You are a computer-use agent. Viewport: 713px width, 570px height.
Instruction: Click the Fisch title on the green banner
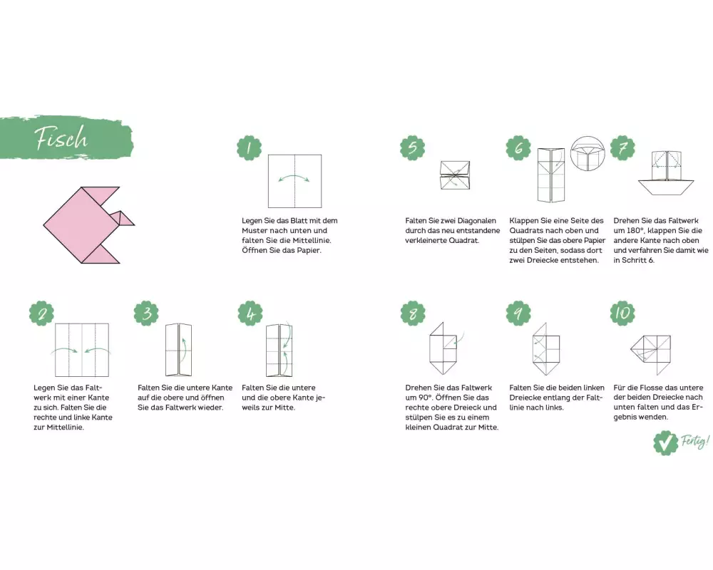pos(61,138)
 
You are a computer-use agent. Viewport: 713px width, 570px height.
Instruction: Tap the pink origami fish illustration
pos(86,225)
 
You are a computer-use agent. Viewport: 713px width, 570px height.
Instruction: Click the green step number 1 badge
pos(249,147)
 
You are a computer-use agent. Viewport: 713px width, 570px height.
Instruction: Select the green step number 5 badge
pos(412,147)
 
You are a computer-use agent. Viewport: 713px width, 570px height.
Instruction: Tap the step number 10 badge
pos(622,313)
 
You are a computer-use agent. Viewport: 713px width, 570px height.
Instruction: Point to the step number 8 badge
pos(413,313)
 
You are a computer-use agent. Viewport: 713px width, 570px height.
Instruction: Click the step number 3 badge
pos(146,313)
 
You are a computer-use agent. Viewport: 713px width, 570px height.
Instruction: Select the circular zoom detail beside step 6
pos(588,153)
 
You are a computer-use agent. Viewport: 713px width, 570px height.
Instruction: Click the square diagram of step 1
pos(294,181)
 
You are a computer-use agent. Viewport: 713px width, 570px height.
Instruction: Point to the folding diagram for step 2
pos(82,350)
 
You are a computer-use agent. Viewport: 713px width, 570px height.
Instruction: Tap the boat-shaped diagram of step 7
pos(666,172)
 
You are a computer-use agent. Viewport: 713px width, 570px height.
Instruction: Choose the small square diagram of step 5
pos(455,175)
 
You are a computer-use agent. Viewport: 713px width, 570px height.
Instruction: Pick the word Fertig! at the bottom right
pos(694,441)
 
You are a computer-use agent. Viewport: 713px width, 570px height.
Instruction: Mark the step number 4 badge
pos(250,313)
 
